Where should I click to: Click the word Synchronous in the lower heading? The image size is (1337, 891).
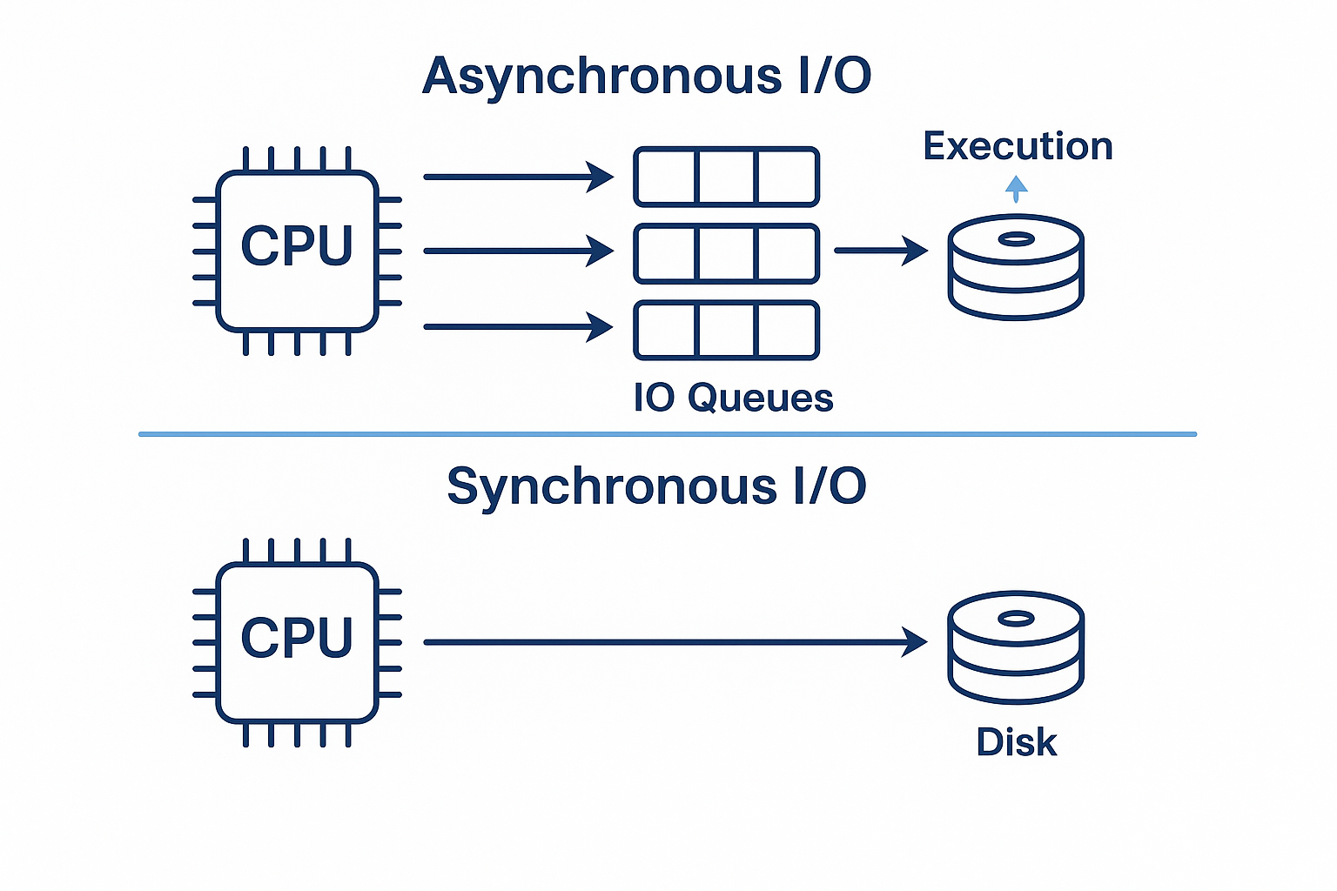613,487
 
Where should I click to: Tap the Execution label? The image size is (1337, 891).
1018,146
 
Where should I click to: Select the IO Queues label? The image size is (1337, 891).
734,398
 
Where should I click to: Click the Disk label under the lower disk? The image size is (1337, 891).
1017,742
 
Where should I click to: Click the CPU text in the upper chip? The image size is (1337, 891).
297,245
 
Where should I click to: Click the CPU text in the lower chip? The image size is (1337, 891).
297,638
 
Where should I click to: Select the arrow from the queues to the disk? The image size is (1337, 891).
881,251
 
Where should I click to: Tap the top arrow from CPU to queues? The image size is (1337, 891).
519,177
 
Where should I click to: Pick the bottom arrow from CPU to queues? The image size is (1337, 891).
519,327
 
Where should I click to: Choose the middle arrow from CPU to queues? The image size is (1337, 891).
519,251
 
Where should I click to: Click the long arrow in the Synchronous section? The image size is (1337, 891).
675,642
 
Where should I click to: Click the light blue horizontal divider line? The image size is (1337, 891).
668,434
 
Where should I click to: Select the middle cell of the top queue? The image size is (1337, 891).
727,177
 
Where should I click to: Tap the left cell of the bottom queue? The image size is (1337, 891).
667,331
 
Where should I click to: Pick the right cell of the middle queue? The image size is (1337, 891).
787,253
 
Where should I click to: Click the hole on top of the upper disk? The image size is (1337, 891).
1016,239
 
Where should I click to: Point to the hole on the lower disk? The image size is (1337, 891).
1016,619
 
